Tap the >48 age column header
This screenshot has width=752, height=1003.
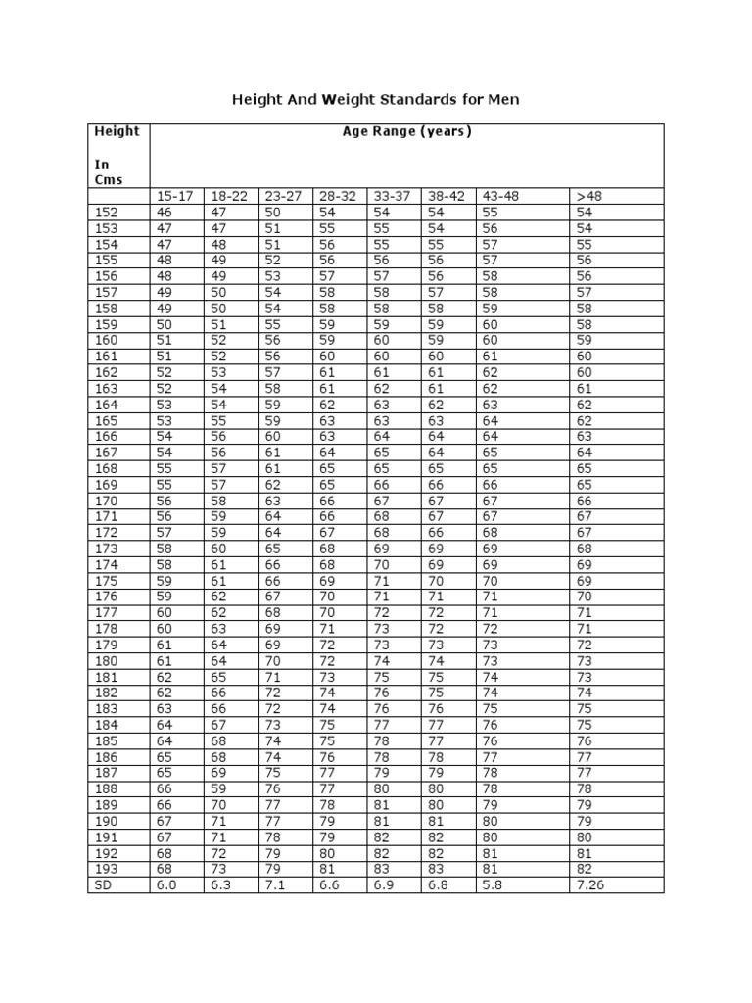point(590,196)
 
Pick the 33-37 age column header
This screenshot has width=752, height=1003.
point(392,196)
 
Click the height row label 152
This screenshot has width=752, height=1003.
point(105,212)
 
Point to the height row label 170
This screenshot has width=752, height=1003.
point(105,500)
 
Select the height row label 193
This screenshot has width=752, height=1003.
point(105,868)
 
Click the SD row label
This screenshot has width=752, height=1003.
point(103,884)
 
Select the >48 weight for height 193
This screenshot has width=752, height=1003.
point(585,868)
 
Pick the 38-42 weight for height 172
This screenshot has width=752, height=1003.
point(436,532)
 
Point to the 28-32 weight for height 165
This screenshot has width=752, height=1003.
point(327,420)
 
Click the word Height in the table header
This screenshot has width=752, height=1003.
point(117,131)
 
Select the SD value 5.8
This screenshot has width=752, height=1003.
point(492,884)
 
